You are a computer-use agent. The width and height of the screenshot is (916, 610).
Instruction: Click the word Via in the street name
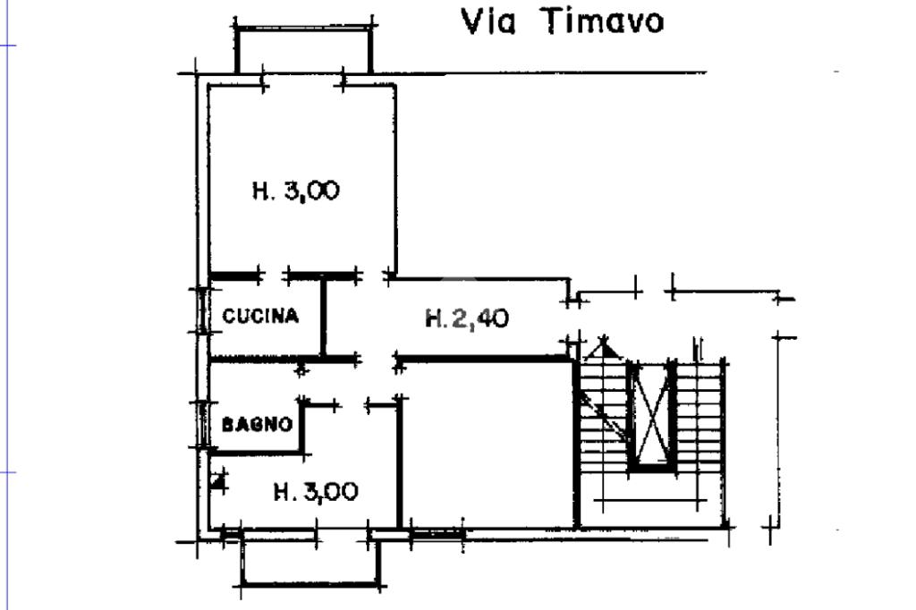(488, 21)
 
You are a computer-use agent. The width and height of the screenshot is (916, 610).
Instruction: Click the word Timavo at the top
(603, 21)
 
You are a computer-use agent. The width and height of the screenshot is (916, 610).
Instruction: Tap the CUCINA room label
(259, 316)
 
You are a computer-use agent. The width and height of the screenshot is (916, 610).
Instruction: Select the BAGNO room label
(258, 425)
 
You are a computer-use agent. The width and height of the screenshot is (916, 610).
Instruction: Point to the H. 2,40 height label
(467, 318)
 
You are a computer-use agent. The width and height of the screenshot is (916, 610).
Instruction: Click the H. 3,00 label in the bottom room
(316, 491)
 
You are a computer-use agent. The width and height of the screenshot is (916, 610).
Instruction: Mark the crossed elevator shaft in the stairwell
(650, 416)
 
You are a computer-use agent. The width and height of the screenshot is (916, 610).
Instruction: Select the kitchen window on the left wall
(203, 310)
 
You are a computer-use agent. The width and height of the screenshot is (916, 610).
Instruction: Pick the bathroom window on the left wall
(203, 423)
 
